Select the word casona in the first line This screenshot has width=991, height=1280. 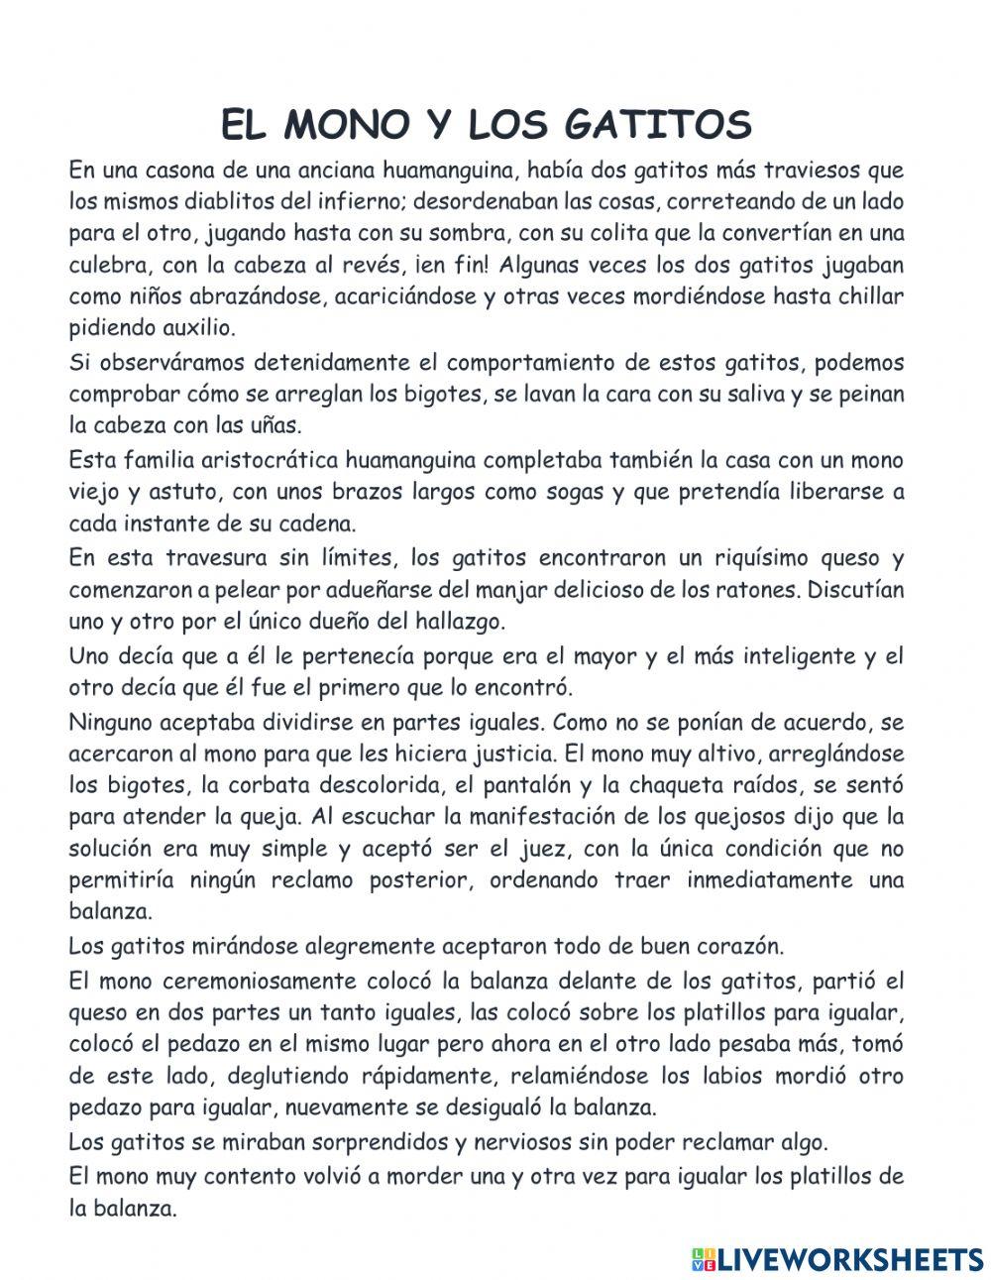(x=180, y=170)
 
